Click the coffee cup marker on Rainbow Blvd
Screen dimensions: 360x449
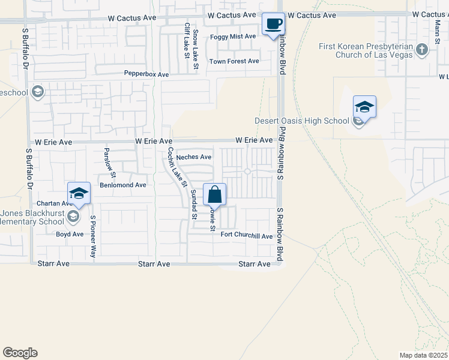(274, 24)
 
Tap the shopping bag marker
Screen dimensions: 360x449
(214, 194)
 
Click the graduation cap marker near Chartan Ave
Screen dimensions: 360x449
(79, 193)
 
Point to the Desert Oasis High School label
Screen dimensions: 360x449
(301, 121)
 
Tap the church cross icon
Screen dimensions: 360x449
(422, 49)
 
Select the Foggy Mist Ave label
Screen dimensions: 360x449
(233, 37)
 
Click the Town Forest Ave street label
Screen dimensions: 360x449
(234, 61)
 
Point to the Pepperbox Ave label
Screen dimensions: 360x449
(146, 74)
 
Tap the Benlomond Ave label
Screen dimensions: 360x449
(123, 185)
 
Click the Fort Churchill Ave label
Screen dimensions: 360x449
(246, 236)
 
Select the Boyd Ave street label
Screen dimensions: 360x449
(70, 234)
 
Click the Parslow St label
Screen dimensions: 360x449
(109, 161)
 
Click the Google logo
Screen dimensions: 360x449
(20, 353)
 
